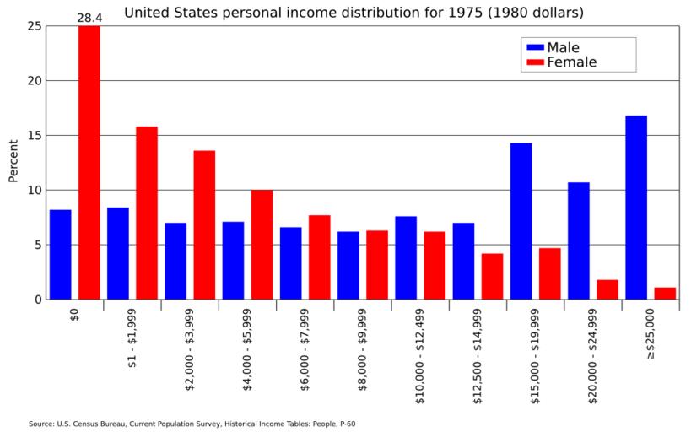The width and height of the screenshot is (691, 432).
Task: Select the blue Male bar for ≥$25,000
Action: (636, 208)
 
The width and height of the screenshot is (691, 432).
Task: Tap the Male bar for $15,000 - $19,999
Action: (521, 221)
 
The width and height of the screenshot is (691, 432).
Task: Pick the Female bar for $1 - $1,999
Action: (147, 213)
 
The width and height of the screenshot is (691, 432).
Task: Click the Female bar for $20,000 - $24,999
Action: (607, 289)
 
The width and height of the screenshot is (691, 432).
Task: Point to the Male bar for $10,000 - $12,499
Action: (406, 257)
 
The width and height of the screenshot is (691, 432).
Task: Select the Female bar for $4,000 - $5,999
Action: (262, 245)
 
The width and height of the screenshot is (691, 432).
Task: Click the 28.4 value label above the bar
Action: (89, 17)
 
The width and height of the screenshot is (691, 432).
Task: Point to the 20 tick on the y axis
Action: (33, 81)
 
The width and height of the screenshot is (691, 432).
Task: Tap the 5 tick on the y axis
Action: (36, 245)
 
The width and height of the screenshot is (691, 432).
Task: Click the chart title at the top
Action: (354, 13)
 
